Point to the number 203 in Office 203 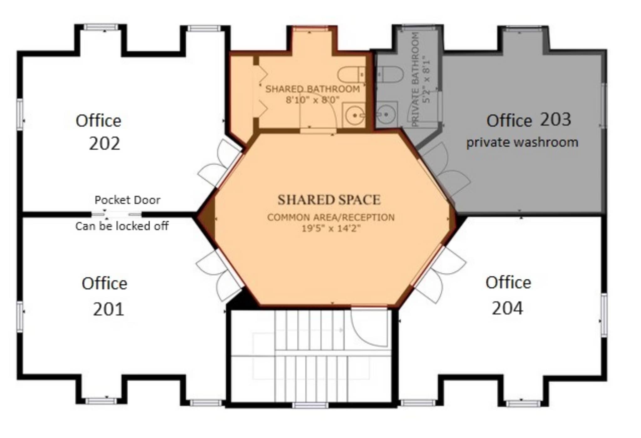(x=556, y=119)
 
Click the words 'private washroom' (x=522, y=142)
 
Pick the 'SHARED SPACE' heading (x=329, y=200)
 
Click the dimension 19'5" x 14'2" (x=331, y=228)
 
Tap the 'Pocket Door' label (x=127, y=200)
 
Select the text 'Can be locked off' (x=122, y=226)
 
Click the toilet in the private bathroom (x=389, y=75)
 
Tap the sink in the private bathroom (x=387, y=114)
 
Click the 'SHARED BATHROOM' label (x=313, y=89)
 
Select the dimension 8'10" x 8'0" (x=313, y=100)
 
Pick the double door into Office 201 (x=220, y=276)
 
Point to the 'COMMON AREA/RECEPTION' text (x=331, y=217)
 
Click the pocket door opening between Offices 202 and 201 (x=116, y=214)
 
